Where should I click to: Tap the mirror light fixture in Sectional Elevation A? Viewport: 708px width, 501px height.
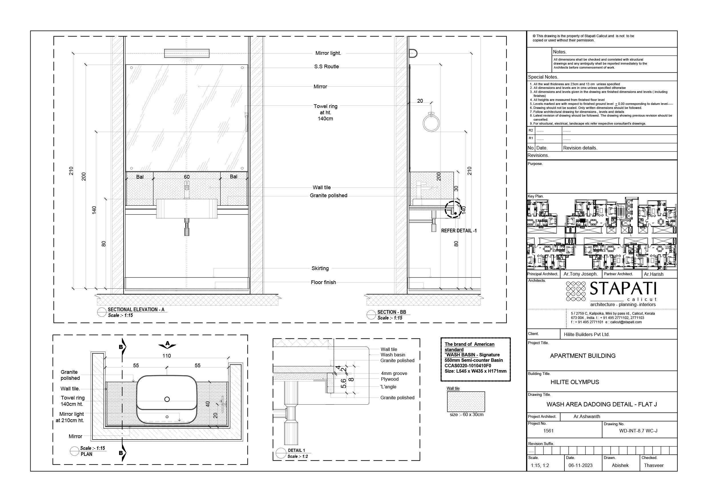point(187,53)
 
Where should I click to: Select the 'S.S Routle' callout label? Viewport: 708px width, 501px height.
point(326,67)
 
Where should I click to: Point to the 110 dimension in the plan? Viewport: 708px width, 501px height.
point(166,356)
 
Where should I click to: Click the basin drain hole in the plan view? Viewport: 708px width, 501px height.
point(167,399)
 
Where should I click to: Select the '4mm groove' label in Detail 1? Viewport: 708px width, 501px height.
point(394,373)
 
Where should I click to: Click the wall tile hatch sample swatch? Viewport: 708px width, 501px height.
point(466,402)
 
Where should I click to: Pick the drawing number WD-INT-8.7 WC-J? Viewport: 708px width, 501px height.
point(638,431)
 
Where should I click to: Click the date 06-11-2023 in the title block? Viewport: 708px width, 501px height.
point(580,465)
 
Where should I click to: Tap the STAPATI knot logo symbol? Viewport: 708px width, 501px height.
point(576,291)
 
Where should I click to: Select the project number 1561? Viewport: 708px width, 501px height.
point(548,431)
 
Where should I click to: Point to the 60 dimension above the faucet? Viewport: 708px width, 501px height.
point(186,177)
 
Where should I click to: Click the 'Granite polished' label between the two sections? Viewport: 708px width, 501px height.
point(328,195)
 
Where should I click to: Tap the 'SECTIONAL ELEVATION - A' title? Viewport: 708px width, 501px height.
point(136,309)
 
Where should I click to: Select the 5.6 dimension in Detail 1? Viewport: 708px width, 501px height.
point(343,383)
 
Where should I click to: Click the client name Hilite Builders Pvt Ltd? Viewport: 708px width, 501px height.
point(586,334)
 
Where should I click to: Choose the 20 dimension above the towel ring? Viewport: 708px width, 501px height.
point(420,101)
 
